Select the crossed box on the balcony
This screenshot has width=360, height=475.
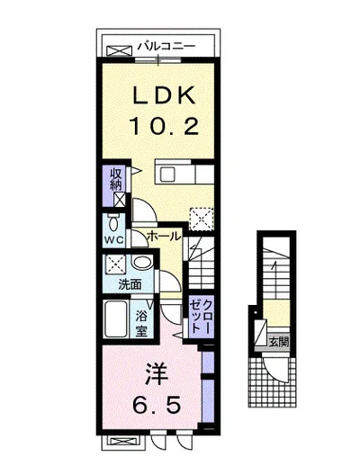pos(118,49)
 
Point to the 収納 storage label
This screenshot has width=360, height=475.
pos(115,179)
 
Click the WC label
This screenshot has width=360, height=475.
pos(112,240)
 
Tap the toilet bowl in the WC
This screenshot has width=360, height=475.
pos(113,222)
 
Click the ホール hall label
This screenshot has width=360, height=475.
pos(162,235)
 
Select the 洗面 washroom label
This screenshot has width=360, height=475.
pos(130,284)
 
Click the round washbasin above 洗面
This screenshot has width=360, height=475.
pos(140,264)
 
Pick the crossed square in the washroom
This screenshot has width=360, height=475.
pos(114,265)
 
